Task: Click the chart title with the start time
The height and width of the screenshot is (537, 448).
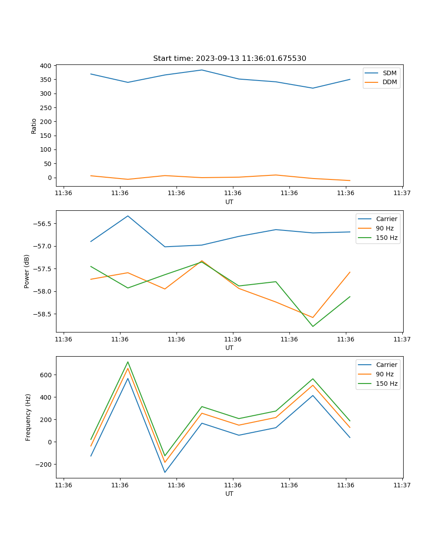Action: tap(229, 59)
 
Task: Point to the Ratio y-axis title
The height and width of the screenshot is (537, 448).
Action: tap(34, 126)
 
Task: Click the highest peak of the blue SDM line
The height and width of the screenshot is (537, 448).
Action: tap(202, 70)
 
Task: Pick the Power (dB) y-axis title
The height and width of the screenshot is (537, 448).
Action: tap(27, 271)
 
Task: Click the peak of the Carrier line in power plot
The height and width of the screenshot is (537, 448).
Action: tap(128, 216)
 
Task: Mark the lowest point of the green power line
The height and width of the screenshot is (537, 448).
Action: tap(313, 326)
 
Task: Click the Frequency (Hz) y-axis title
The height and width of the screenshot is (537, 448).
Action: tap(28, 417)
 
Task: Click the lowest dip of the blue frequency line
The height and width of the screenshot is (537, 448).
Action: tap(165, 472)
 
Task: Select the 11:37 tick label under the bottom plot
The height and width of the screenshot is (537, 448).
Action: tap(402, 485)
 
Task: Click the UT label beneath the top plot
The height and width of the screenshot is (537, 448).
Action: tap(229, 202)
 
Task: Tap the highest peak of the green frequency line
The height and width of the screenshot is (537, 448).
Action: tap(128, 362)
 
